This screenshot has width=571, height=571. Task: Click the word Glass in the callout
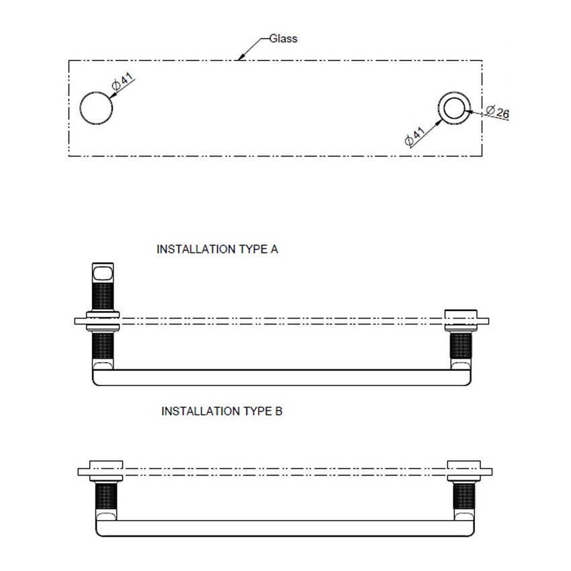283,39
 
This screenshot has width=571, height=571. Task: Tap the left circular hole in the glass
96,108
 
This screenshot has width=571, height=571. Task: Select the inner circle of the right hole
455,107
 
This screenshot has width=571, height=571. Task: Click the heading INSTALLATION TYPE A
217,249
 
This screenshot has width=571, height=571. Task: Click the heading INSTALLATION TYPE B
222,411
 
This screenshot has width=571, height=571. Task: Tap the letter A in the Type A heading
274,249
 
